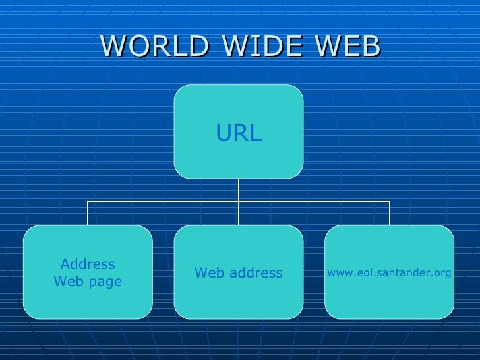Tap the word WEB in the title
(x=348, y=46)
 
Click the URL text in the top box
(x=239, y=134)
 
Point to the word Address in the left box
(x=88, y=264)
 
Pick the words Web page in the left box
(x=88, y=282)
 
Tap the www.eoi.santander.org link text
(x=389, y=272)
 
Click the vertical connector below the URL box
(x=239, y=190)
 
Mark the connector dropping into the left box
(x=88, y=214)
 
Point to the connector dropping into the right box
(x=390, y=214)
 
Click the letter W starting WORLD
(x=113, y=46)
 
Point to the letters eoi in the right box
(x=359, y=272)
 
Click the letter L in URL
(x=255, y=134)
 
